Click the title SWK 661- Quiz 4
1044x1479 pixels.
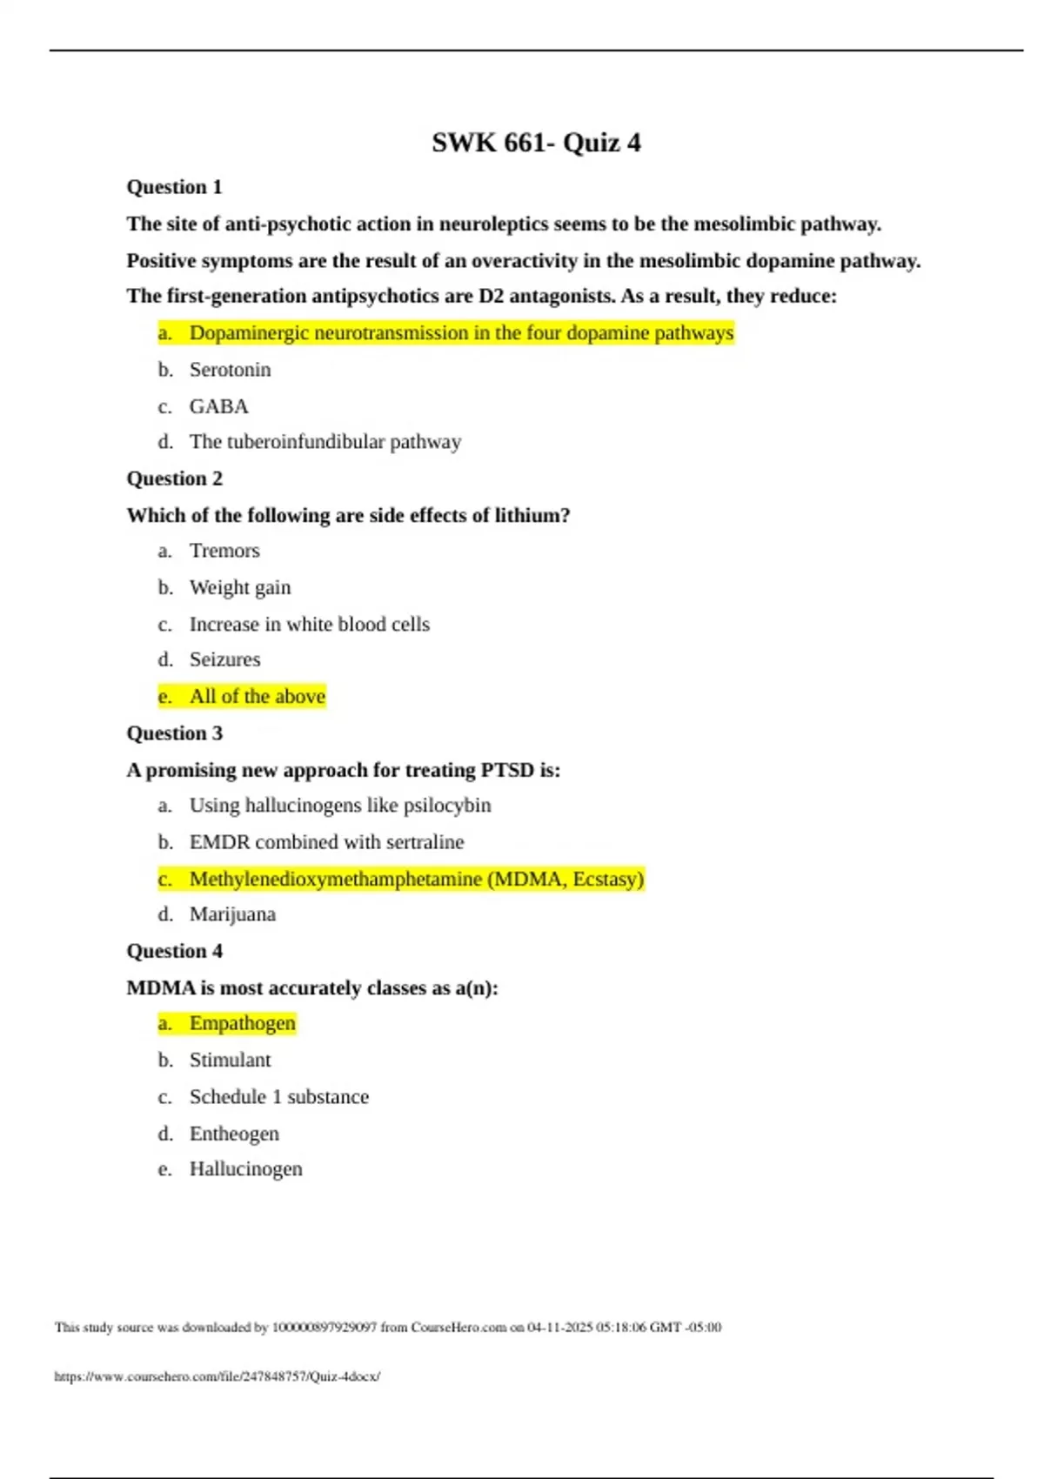(536, 143)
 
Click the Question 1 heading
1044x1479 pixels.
(174, 187)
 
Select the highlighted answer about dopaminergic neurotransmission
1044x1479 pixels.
(461, 333)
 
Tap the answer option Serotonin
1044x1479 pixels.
(230, 370)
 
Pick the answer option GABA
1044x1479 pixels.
(218, 406)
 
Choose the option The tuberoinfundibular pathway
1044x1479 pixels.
(325, 442)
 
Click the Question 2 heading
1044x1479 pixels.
(174, 478)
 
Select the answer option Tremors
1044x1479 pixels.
(224, 551)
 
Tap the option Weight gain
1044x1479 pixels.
(240, 588)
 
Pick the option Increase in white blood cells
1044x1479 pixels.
(309, 625)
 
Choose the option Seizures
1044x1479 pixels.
(224, 659)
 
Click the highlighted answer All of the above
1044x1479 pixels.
(258, 696)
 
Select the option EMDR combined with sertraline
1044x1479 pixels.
(326, 842)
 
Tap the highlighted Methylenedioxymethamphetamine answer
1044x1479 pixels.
(416, 879)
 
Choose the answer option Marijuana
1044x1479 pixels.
(232, 914)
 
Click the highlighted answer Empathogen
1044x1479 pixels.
(242, 1023)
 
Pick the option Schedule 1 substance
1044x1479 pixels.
(278, 1097)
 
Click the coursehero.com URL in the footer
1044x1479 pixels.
(217, 1376)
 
